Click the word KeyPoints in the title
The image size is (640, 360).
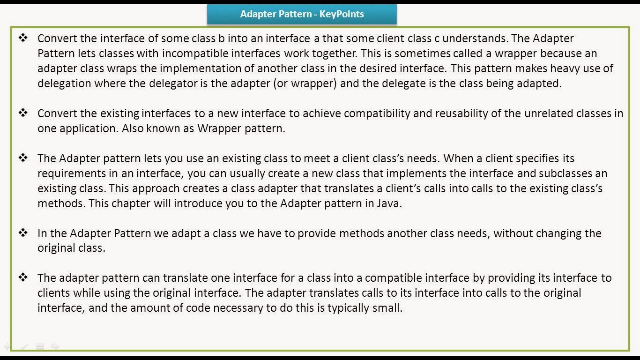tap(342, 14)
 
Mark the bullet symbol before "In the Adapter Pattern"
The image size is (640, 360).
tap(23, 232)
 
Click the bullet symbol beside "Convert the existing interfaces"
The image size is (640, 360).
tap(23, 113)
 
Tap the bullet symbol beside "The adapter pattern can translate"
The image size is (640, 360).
tap(23, 277)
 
